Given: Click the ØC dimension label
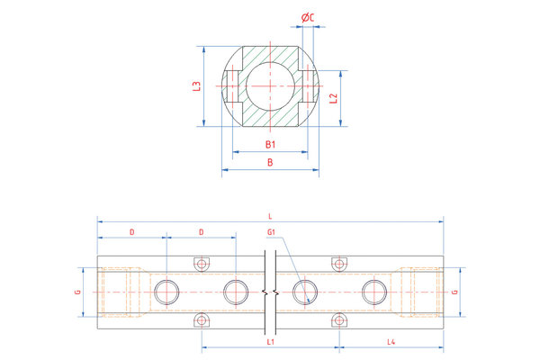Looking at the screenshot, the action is pyautogui.click(x=308, y=18).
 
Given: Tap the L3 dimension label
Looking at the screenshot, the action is pyautogui.click(x=196, y=86).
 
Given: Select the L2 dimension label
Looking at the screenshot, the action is pyautogui.click(x=333, y=98).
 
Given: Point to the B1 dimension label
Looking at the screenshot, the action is pyautogui.click(x=270, y=144).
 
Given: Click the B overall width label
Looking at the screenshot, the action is pyautogui.click(x=270, y=162).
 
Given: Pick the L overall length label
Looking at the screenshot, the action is pyautogui.click(x=270, y=216).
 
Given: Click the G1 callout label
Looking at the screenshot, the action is pyautogui.click(x=272, y=232).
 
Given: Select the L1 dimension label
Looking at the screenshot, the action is pyautogui.click(x=271, y=342).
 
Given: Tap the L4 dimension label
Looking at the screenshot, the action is pyautogui.click(x=391, y=342).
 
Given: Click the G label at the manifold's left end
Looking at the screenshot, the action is pyautogui.click(x=78, y=292).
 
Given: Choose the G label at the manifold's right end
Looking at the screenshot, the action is pyautogui.click(x=454, y=292).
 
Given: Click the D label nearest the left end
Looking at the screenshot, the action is pyautogui.click(x=132, y=232).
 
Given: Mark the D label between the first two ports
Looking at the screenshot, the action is pyautogui.click(x=202, y=232).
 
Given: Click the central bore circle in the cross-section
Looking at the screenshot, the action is pyautogui.click(x=270, y=86).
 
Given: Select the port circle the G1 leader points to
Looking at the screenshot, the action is pyautogui.click(x=305, y=292).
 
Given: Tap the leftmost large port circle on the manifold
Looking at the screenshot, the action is pyautogui.click(x=166, y=292).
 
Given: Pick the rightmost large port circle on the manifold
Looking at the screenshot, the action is pyautogui.click(x=374, y=292).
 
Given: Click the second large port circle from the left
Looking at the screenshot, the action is pyautogui.click(x=236, y=292).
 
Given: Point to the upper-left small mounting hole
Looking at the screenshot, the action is pyautogui.click(x=202, y=265).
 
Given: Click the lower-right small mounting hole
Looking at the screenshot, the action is pyautogui.click(x=339, y=320).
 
